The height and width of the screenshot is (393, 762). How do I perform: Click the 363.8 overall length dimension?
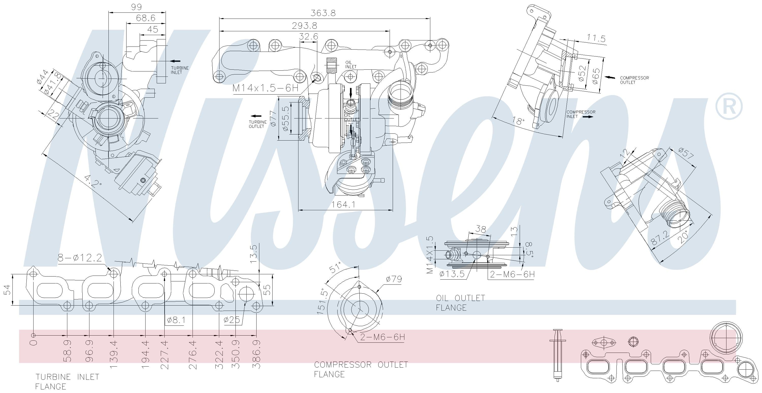pyautogui.click(x=323, y=13)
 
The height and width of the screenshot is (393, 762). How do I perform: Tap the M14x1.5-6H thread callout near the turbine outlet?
pyautogui.click(x=265, y=88)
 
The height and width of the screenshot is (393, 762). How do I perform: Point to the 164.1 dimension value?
pyautogui.click(x=343, y=205)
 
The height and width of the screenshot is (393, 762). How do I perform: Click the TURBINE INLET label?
pyautogui.click(x=180, y=70)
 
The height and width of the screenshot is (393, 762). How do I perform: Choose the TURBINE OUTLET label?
pyautogui.click(x=258, y=124)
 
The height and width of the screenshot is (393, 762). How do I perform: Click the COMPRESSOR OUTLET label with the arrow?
pyautogui.click(x=634, y=80)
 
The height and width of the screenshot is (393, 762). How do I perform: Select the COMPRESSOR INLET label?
pyautogui.click(x=581, y=114)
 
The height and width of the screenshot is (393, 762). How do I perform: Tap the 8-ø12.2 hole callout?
pyautogui.click(x=80, y=258)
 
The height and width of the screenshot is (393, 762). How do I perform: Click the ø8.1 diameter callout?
pyautogui.click(x=176, y=320)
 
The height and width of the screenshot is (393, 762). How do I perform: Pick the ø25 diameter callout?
pyautogui.click(x=232, y=320)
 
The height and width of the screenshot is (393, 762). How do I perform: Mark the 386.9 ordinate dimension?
pyautogui.click(x=256, y=354)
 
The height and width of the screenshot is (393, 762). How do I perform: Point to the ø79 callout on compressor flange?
pyautogui.click(x=394, y=279)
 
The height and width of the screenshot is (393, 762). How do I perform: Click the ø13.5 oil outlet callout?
pyautogui.click(x=452, y=274)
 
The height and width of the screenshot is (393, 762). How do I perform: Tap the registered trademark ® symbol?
pyautogui.click(x=728, y=106)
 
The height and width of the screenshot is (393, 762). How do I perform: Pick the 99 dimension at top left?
pyautogui.click(x=136, y=7)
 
